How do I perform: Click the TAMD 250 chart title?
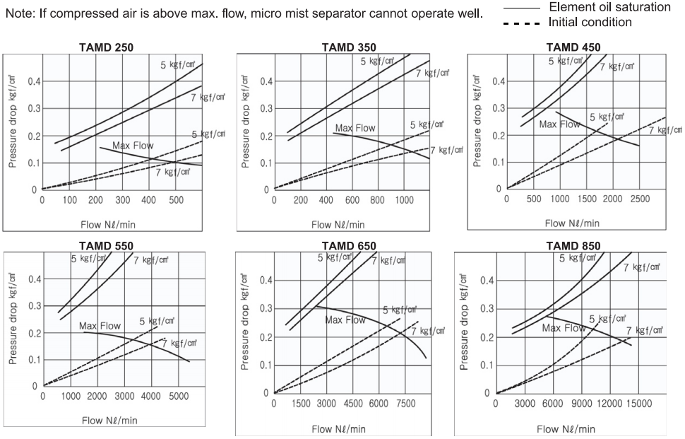105,47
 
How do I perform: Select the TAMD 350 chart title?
349,47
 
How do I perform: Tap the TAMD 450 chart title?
573,47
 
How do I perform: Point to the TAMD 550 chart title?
105,245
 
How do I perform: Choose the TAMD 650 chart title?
349,245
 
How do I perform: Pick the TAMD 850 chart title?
573,245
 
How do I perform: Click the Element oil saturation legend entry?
609,7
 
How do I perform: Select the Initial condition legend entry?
590,22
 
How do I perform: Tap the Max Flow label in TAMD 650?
345,320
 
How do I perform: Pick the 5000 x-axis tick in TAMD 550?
177,397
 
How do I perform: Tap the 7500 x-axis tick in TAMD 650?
405,404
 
